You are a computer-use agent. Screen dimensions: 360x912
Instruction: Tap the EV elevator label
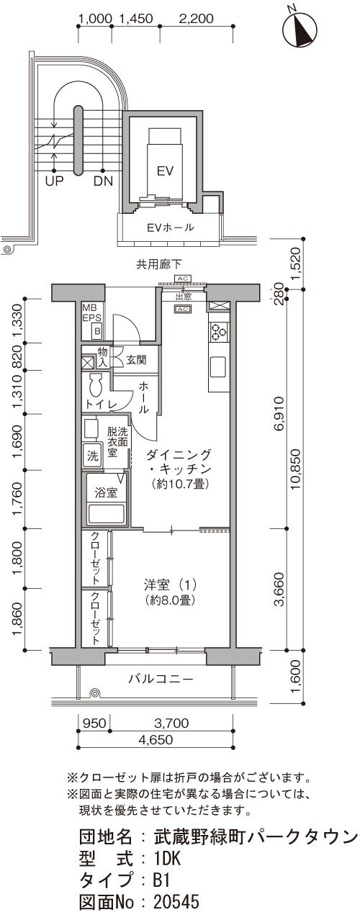[x=166, y=171]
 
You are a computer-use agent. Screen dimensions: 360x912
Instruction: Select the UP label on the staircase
[x=55, y=181]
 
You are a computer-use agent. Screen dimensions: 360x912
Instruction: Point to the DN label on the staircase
[x=104, y=181]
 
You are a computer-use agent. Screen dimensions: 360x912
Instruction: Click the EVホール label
[x=171, y=227]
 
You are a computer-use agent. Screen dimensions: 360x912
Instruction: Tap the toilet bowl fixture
[x=96, y=384]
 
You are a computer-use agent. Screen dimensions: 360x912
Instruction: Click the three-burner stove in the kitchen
[x=217, y=331]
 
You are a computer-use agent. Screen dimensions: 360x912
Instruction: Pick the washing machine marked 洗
[x=93, y=456]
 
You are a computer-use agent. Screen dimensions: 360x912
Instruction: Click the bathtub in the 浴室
[x=107, y=514]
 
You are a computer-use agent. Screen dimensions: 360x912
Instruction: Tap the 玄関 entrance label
[x=136, y=360]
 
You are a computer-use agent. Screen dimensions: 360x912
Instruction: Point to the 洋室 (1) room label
[x=170, y=585]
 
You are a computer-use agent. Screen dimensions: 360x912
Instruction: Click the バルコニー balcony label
[x=161, y=679]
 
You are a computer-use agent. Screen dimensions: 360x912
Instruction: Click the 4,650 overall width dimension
[x=156, y=740]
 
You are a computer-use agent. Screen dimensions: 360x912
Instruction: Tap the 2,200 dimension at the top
[x=197, y=19]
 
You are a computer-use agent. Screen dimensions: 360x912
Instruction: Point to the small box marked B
[x=97, y=331]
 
